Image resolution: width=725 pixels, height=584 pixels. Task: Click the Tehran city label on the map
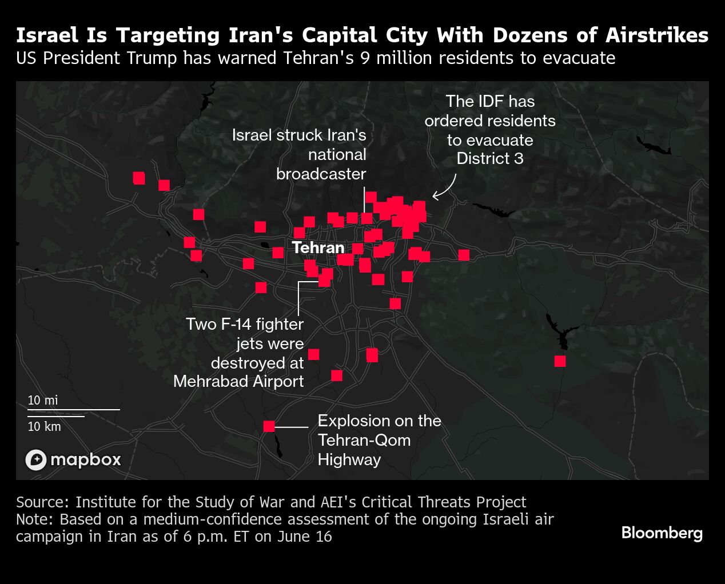[x=318, y=247]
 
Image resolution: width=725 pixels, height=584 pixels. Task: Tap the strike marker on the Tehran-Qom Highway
[x=269, y=426]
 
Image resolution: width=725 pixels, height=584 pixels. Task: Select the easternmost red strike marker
[x=560, y=361]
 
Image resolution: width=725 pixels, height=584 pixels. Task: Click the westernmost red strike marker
[x=139, y=178]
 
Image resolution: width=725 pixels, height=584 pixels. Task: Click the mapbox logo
[x=73, y=459]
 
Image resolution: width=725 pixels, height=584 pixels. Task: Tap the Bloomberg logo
[x=662, y=533]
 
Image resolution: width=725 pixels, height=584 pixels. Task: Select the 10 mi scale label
[x=43, y=400]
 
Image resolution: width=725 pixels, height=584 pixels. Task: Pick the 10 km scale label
[x=44, y=426]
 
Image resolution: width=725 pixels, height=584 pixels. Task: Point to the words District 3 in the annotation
[x=490, y=158]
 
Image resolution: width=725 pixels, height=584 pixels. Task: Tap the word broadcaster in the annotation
[x=321, y=174]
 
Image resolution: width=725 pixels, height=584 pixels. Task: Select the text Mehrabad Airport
[x=238, y=381]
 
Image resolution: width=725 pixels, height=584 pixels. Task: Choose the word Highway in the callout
[x=349, y=459]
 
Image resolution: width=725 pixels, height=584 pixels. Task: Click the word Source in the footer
[x=42, y=502]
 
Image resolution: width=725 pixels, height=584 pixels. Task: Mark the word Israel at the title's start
[x=47, y=35]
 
